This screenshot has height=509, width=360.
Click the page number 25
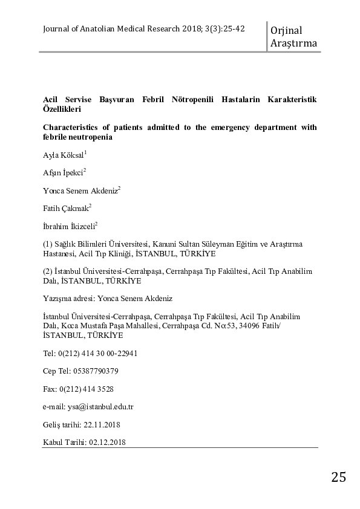[339, 477]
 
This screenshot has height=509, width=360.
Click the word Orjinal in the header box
[287, 30]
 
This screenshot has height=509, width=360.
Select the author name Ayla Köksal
[64, 156]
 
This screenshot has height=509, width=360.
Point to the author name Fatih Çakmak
[66, 207]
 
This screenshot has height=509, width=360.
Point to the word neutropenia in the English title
[88, 138]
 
